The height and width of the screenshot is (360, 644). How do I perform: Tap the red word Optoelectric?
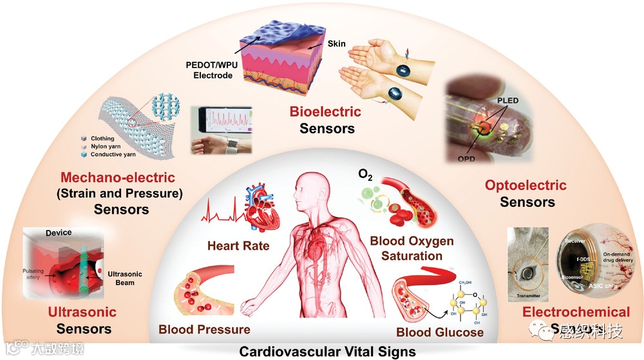526,185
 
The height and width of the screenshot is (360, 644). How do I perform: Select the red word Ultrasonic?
82,312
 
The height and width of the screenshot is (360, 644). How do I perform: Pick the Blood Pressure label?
204,330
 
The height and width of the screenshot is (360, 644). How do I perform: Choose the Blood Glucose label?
440,332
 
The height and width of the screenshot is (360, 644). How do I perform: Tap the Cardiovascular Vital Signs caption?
321,352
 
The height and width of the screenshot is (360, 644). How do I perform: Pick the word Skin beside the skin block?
337,44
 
